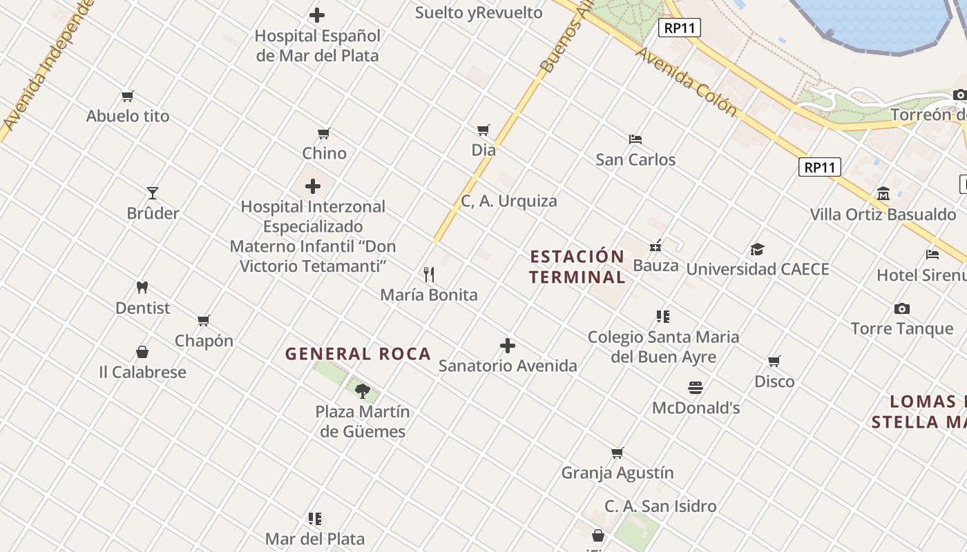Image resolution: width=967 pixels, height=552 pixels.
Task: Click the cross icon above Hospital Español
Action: [x=317, y=15]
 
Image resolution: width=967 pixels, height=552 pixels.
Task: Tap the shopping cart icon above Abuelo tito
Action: [x=127, y=97]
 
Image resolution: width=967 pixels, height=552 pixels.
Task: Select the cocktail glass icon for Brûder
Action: [x=153, y=193]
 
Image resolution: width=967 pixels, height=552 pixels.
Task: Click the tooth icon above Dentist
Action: [x=142, y=288]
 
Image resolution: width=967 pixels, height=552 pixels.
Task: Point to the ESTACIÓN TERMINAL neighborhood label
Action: [x=577, y=267]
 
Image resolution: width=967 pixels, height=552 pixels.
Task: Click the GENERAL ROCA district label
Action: [x=358, y=354]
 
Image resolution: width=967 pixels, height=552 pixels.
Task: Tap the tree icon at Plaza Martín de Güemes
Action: [x=362, y=391]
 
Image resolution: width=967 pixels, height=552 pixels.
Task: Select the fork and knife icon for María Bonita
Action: [x=429, y=275]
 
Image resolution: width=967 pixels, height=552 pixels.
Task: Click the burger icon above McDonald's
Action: [x=696, y=388]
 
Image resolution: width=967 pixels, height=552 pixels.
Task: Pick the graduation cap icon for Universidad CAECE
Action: [x=758, y=249]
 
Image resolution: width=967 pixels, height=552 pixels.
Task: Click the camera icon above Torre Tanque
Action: [x=901, y=308]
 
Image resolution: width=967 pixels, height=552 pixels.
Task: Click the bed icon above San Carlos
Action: [x=635, y=139]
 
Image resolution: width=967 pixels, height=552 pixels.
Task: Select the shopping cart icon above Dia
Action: [x=483, y=130]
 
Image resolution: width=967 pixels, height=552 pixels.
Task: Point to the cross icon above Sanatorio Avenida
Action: [x=508, y=346]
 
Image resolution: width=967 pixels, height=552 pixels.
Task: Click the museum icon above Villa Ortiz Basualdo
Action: [x=883, y=194]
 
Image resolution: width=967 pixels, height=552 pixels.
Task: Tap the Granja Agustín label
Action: [x=617, y=473]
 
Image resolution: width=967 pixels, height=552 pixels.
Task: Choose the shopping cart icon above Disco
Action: [x=774, y=362]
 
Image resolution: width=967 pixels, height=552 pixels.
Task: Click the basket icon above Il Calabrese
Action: [x=142, y=353]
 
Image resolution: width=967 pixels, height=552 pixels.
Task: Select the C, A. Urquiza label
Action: [x=509, y=201]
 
